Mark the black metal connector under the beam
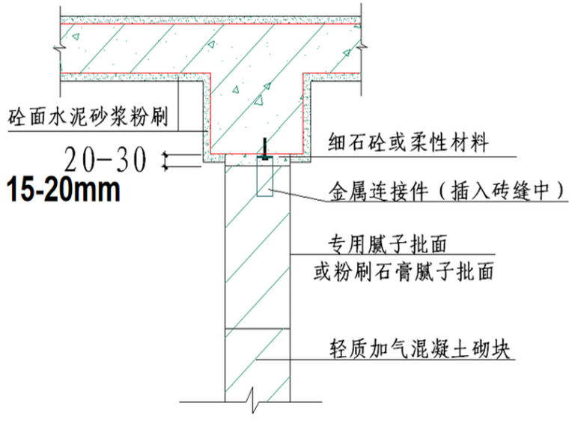tap(264, 151)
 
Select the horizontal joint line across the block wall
tap(258, 328)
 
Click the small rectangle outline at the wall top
tap(264, 181)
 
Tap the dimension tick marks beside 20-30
tap(167, 158)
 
